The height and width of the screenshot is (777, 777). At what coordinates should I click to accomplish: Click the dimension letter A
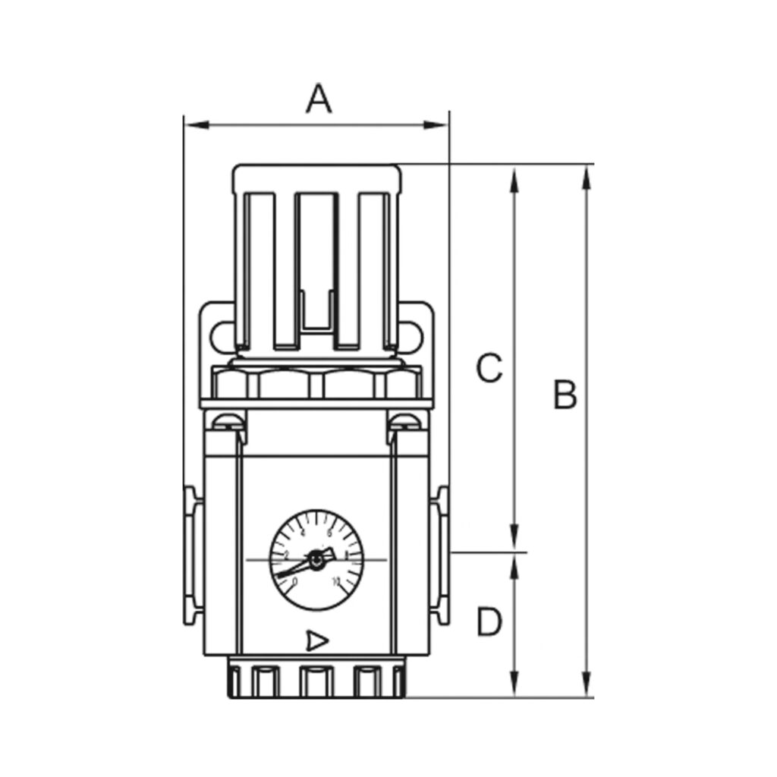click(319, 99)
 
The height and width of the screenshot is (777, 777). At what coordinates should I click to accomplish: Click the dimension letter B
click(565, 395)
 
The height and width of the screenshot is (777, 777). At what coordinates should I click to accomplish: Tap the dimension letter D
click(489, 623)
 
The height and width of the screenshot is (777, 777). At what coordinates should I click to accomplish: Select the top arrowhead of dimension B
click(586, 176)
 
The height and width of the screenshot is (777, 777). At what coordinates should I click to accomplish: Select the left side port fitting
click(190, 555)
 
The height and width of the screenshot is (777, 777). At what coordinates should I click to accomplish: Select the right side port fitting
click(440, 555)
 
